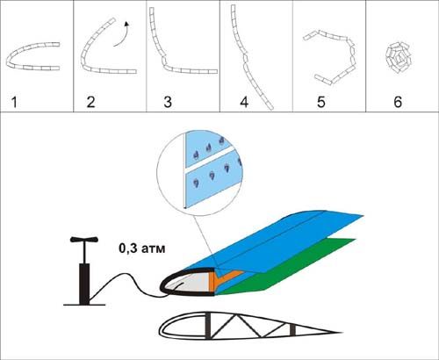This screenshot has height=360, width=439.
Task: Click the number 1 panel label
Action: click(x=14, y=102)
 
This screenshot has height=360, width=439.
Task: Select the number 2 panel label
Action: click(x=90, y=102)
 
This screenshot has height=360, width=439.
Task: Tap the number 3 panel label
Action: click(x=168, y=102)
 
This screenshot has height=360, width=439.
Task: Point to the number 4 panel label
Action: click(x=244, y=102)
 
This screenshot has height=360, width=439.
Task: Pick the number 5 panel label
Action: click(x=321, y=102)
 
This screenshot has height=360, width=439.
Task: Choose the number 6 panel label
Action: click(x=398, y=102)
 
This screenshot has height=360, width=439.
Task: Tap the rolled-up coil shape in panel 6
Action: click(x=398, y=58)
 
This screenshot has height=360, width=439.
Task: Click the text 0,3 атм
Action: click(x=142, y=248)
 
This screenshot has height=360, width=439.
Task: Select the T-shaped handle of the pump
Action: click(x=84, y=240)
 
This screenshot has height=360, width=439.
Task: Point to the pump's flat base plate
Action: click(x=84, y=305)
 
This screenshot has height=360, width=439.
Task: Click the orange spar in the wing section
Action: click(x=218, y=282)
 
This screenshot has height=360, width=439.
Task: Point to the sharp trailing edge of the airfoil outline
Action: click(x=342, y=333)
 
